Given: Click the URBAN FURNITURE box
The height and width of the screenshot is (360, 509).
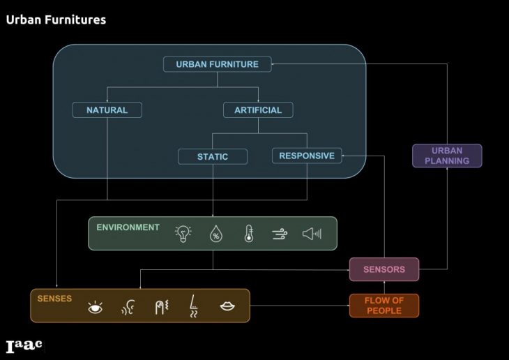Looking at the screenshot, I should [x=217, y=64].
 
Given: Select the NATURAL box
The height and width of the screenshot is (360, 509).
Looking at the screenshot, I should [x=107, y=110].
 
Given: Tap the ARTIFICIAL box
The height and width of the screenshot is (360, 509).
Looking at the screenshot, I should [x=257, y=110].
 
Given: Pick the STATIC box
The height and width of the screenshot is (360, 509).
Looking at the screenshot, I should [x=212, y=156].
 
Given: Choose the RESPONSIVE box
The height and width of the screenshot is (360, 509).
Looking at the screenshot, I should [x=307, y=156].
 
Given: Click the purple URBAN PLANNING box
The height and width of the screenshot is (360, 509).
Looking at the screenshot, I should [x=446, y=156].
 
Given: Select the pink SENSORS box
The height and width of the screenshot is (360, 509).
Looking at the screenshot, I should [x=384, y=269].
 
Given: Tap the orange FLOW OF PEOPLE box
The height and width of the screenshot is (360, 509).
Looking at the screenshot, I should [x=384, y=306].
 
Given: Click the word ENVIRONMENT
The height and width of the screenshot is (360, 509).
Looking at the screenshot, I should [x=128, y=227].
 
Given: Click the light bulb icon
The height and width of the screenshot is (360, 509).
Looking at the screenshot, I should [x=183, y=234].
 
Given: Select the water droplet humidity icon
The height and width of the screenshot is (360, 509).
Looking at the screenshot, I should [x=215, y=234].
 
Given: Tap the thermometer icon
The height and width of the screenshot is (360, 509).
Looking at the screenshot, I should [x=248, y=234].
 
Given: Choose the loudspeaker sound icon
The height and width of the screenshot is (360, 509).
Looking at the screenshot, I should [x=312, y=234].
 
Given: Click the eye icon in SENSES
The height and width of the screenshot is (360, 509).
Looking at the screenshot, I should [x=95, y=307].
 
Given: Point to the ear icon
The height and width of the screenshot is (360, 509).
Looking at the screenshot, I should [x=128, y=307].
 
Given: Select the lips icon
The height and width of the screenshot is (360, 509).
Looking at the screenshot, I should [x=227, y=306].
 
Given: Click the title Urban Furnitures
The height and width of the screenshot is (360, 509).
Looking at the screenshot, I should [x=56, y=20].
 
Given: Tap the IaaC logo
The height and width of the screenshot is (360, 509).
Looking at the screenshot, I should [x=24, y=346].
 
